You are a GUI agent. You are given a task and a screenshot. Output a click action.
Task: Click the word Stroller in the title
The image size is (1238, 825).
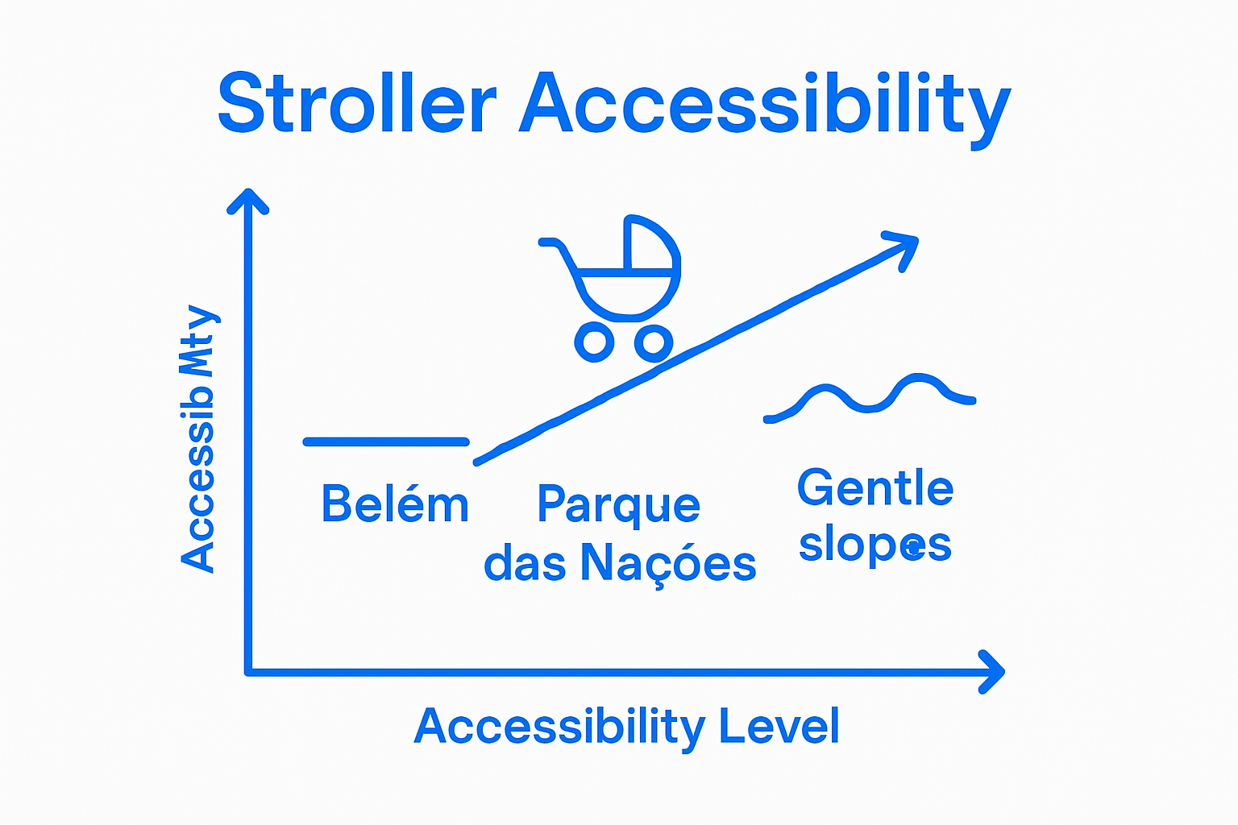[x=357, y=104]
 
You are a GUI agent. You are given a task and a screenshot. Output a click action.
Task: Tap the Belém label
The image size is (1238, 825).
[x=395, y=504]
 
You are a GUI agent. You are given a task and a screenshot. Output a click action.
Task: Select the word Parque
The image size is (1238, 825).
[x=618, y=506]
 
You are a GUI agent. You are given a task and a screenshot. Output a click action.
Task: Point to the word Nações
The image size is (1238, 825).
[x=668, y=563]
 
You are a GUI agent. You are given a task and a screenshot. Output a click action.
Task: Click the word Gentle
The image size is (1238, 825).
[x=875, y=488]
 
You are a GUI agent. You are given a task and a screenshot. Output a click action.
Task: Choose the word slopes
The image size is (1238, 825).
[x=875, y=545]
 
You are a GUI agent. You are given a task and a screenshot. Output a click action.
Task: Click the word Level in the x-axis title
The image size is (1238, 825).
[x=779, y=726]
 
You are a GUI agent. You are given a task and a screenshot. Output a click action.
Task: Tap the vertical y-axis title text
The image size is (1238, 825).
[x=198, y=439]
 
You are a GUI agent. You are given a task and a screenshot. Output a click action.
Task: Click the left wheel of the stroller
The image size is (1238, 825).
[x=595, y=342]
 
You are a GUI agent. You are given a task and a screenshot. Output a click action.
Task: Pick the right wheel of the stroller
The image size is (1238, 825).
[x=654, y=343]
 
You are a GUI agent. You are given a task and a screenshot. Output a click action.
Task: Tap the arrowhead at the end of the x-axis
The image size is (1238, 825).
[x=995, y=670]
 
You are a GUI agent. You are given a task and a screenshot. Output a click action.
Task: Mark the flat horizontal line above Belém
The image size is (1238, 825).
[x=386, y=442]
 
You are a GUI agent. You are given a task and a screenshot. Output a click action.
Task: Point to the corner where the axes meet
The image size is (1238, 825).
[x=249, y=670]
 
